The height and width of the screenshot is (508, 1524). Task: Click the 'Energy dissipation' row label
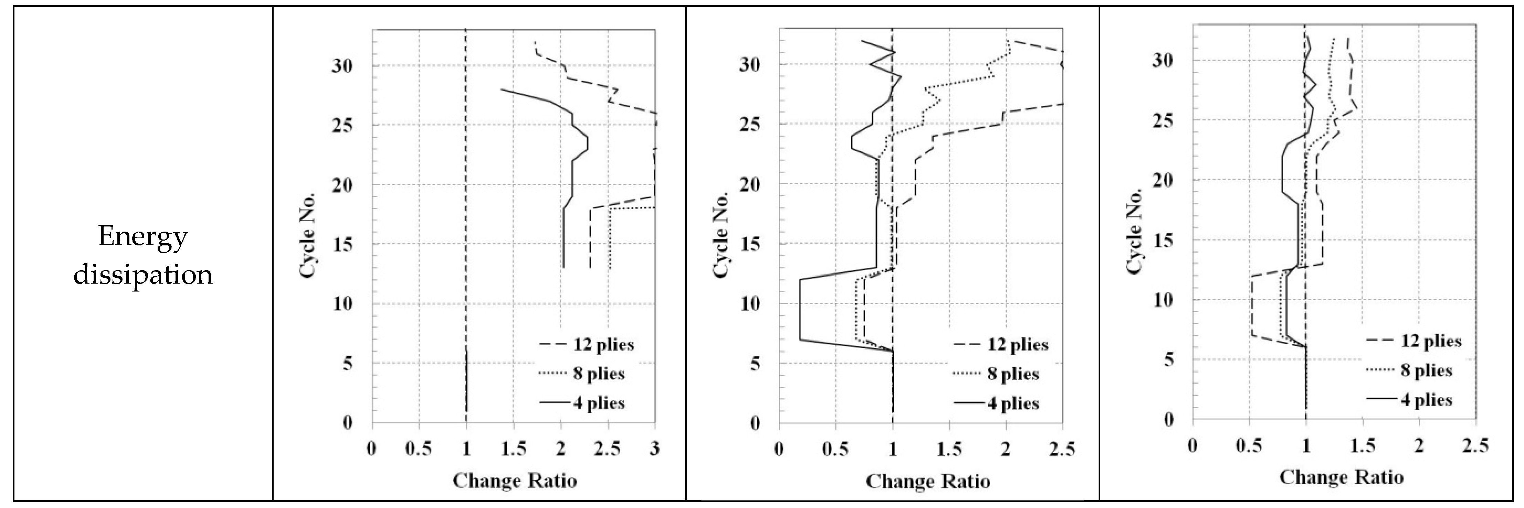click(142, 255)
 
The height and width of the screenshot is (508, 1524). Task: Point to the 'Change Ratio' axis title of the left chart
click(514, 480)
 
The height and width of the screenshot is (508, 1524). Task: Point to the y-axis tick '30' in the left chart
click(341, 66)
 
